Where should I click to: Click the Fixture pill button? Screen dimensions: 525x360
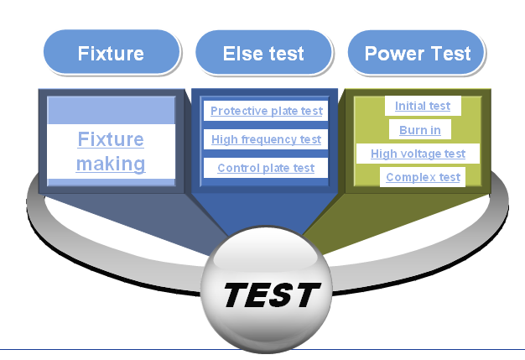coord(112,52)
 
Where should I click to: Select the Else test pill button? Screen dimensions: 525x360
coord(264,53)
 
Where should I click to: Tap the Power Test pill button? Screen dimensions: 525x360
coord(417,53)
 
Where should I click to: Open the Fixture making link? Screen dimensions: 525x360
coord(111,151)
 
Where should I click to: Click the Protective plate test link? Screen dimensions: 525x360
coord(267,111)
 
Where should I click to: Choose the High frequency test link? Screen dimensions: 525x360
coord(266,139)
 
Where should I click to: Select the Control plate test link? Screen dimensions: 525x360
coord(266,168)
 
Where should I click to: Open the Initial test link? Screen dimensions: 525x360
coord(423,106)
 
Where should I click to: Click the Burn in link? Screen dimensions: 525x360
coord(420,130)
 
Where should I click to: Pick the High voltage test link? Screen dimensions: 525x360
coord(418,154)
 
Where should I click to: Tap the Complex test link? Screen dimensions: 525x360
coord(423,177)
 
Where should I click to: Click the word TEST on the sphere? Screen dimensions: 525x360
coord(272,295)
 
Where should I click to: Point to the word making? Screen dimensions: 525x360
coord(111,164)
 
